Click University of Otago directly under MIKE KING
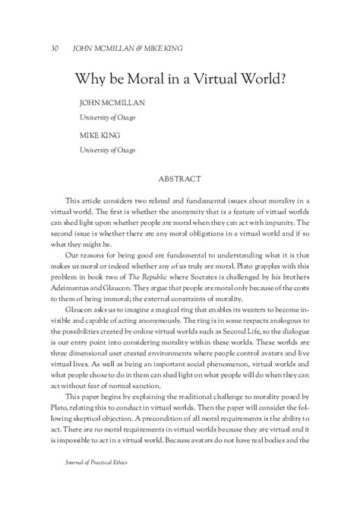[x=108, y=150]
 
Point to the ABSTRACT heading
[x=179, y=180]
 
